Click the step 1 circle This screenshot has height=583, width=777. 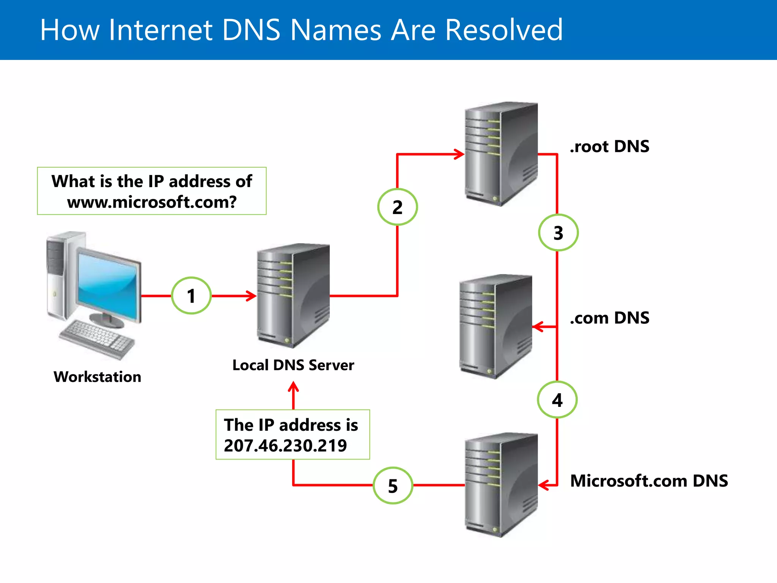(x=191, y=296)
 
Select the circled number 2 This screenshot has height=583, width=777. (x=397, y=207)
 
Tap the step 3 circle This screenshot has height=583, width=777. (x=558, y=232)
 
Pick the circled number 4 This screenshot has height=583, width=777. (x=557, y=400)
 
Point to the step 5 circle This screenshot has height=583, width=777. (x=393, y=485)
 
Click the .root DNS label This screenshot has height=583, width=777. (x=609, y=147)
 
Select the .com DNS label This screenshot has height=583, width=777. (x=609, y=318)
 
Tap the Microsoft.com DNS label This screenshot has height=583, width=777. (x=649, y=481)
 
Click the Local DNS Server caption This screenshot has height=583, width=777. (x=293, y=365)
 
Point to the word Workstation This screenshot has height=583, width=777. (x=98, y=377)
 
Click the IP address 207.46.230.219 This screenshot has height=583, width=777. (x=285, y=446)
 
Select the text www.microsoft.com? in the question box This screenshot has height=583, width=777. (x=152, y=202)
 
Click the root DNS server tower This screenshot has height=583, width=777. (x=501, y=154)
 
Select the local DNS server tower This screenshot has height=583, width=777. (x=293, y=296)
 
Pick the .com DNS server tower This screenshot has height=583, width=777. (x=495, y=326)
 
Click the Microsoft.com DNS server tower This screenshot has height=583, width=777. (x=501, y=485)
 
